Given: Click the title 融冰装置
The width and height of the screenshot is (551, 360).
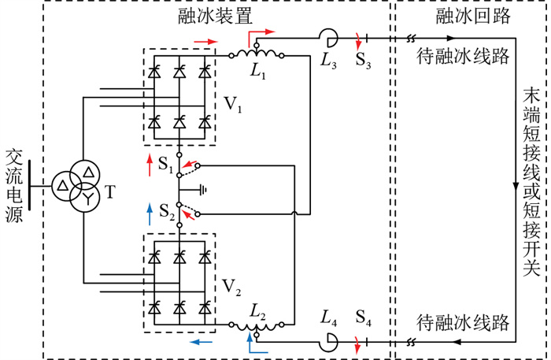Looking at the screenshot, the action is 215,17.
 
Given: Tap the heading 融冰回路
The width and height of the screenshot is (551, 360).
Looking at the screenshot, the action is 473,17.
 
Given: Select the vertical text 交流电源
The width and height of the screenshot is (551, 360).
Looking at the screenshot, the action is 14,186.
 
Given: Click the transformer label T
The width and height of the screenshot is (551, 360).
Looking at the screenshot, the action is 109,192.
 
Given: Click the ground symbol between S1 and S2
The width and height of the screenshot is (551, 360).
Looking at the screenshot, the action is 203,190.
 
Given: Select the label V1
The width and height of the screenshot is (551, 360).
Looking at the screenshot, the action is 233,104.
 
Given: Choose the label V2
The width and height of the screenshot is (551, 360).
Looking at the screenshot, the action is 232,288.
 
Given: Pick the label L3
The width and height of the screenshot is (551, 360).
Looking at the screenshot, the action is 328,61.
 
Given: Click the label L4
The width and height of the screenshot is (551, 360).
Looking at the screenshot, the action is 328,317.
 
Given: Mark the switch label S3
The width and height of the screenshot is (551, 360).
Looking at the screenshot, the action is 363,61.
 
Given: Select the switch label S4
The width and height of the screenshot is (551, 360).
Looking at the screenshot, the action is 363,317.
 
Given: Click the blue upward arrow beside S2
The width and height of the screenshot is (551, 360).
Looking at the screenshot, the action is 150,214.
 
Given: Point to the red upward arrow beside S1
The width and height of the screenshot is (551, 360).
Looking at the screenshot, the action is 150,165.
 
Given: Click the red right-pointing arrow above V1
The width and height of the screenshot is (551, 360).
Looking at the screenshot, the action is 206,42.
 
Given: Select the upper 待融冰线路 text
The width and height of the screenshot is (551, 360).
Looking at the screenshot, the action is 463,56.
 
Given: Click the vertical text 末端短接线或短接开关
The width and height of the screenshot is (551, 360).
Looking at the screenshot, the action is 531,183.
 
